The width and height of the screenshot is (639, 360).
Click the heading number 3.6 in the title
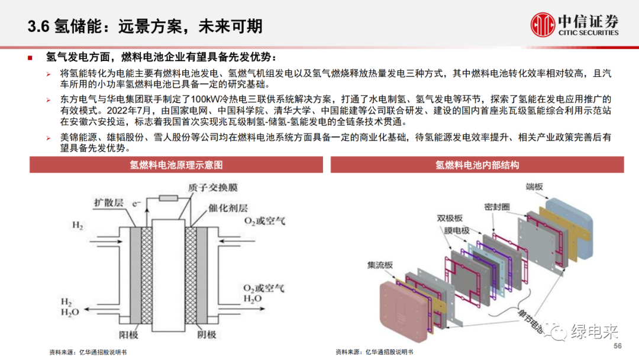[x=38, y=26]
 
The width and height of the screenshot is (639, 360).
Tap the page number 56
[x=618, y=346]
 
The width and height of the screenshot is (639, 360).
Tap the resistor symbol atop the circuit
[x=169, y=197]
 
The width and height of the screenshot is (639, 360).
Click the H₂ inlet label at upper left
[x=78, y=226]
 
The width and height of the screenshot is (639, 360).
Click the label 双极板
[x=450, y=218]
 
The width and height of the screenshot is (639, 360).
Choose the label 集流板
[x=380, y=265]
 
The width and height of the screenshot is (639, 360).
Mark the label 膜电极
[x=456, y=231]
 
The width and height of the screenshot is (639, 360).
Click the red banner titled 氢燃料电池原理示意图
[x=176, y=165]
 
